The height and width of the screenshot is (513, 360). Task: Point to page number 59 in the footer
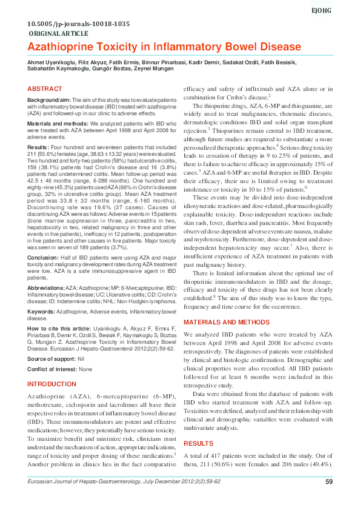329,499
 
